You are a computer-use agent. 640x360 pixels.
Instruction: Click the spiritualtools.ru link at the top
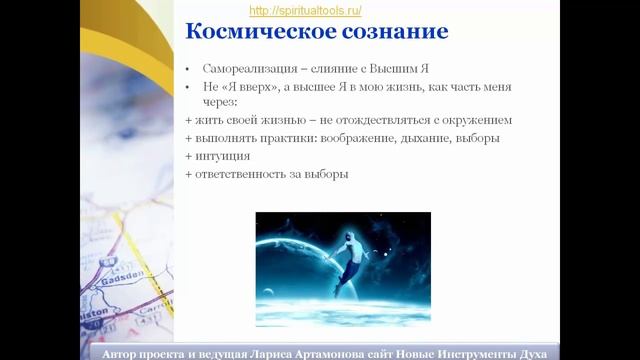[304, 10]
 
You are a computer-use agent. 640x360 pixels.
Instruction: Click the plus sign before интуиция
[189, 156]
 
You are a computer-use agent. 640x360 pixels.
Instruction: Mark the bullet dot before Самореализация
[190, 69]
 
